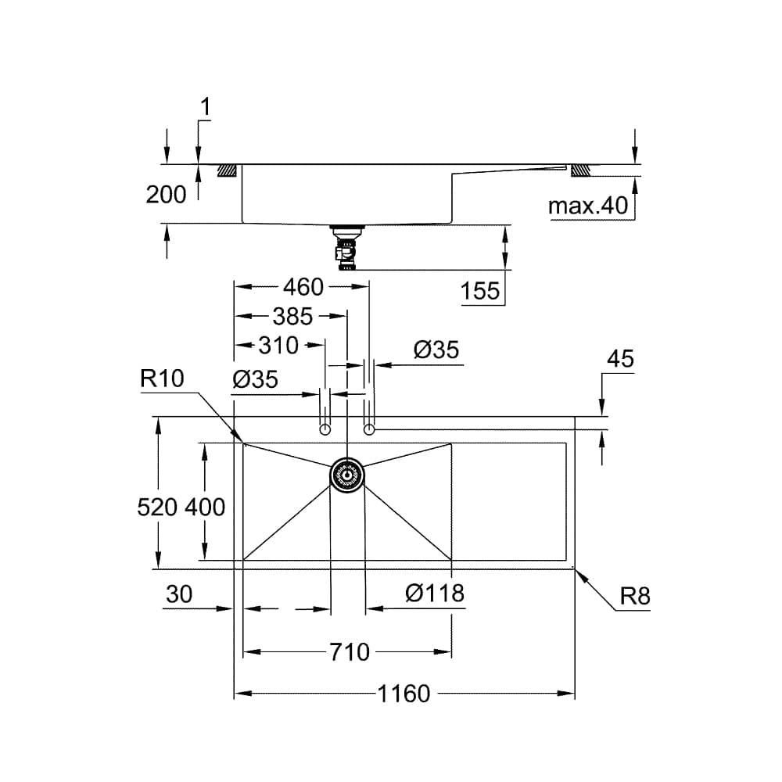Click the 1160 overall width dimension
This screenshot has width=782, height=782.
click(x=404, y=693)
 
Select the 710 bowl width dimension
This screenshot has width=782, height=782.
click(x=349, y=651)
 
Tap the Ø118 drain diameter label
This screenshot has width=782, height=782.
click(x=435, y=594)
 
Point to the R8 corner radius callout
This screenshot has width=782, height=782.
click(x=635, y=597)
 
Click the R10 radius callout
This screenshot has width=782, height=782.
click(x=162, y=379)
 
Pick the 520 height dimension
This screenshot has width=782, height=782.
click(x=157, y=507)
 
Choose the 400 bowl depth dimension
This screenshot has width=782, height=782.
click(x=205, y=507)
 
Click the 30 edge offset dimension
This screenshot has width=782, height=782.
click(x=179, y=595)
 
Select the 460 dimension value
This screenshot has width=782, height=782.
click(x=303, y=287)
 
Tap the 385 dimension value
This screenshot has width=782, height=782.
click(x=292, y=316)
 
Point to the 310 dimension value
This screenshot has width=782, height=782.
click(x=278, y=344)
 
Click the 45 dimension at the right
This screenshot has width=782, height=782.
click(x=620, y=359)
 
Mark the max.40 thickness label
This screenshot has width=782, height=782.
click(x=588, y=206)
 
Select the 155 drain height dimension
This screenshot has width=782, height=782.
click(x=480, y=292)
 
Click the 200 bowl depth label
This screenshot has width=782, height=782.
click(x=166, y=194)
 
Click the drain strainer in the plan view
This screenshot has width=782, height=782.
click(x=346, y=475)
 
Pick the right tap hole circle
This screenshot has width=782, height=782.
click(x=370, y=429)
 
